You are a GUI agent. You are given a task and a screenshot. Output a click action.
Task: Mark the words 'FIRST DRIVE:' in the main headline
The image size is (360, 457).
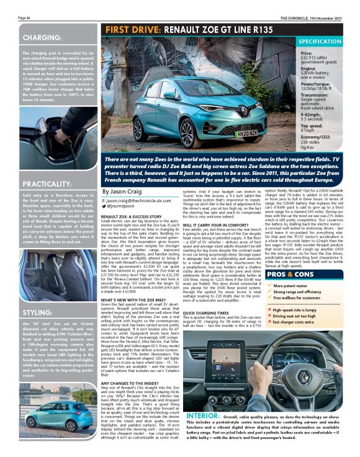tap(128, 30)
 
